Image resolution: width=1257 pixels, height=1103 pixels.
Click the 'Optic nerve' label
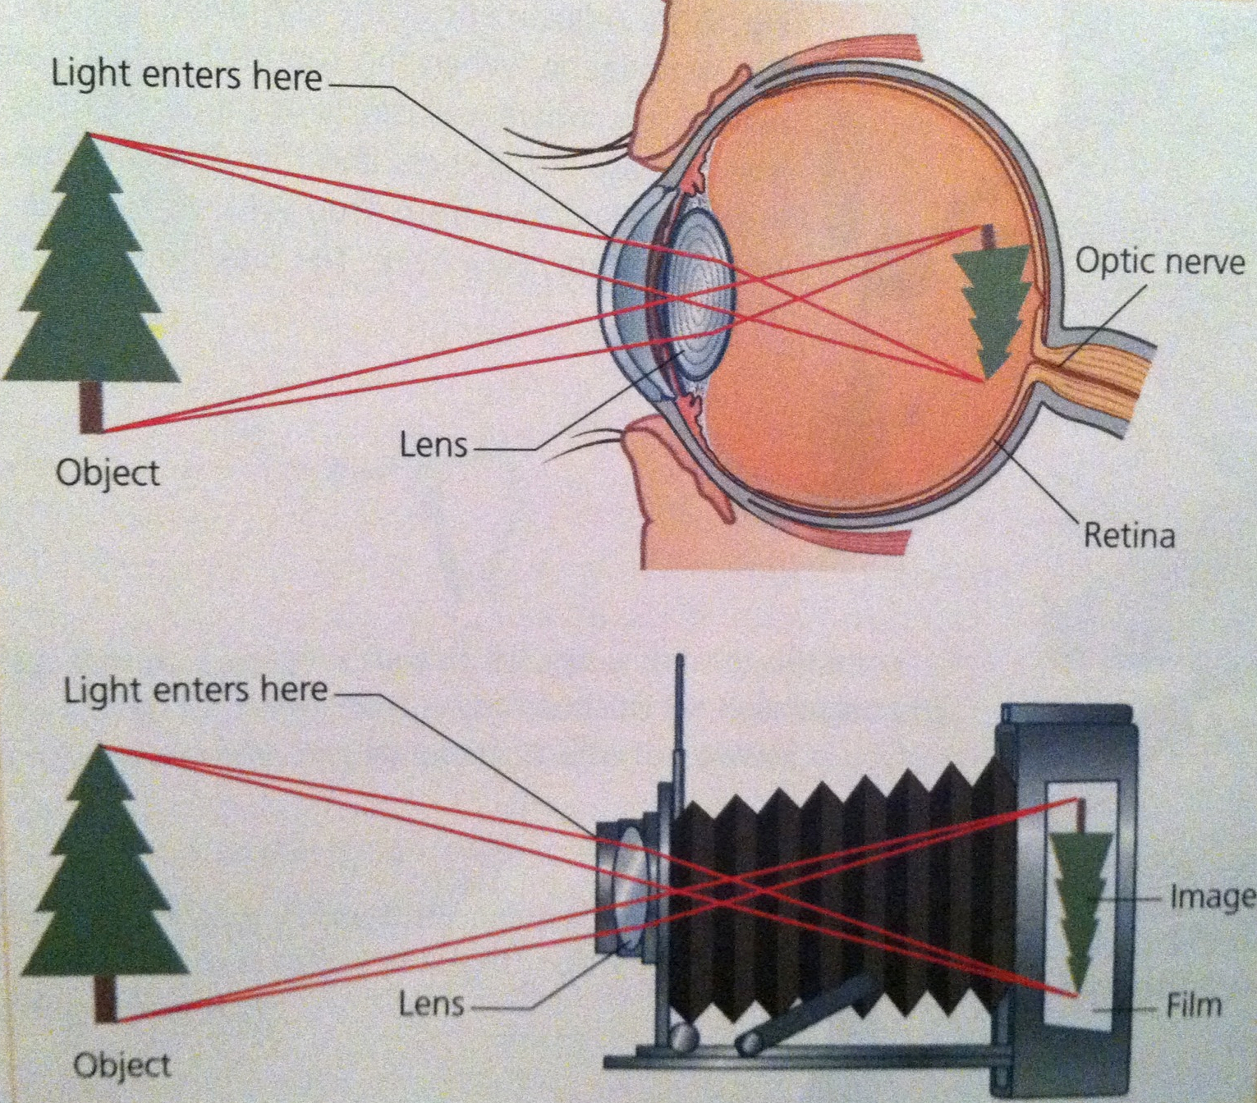[1159, 262]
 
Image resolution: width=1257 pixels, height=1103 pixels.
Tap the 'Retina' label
[1129, 535]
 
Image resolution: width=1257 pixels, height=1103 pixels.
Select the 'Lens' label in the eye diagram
[434, 446]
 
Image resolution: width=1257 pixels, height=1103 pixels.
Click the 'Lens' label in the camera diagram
[432, 1004]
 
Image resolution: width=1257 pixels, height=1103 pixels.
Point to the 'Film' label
[1194, 1005]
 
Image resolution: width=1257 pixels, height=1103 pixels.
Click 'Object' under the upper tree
[108, 474]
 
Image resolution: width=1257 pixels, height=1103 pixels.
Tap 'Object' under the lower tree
[122, 1065]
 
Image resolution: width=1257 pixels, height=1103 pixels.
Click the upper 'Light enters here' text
[186, 76]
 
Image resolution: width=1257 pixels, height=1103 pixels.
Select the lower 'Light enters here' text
[196, 689]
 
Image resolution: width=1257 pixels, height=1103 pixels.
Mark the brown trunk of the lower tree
[105, 996]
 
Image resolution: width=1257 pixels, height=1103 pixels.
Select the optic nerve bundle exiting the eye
[1100, 378]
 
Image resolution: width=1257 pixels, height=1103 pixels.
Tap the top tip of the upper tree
[89, 136]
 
